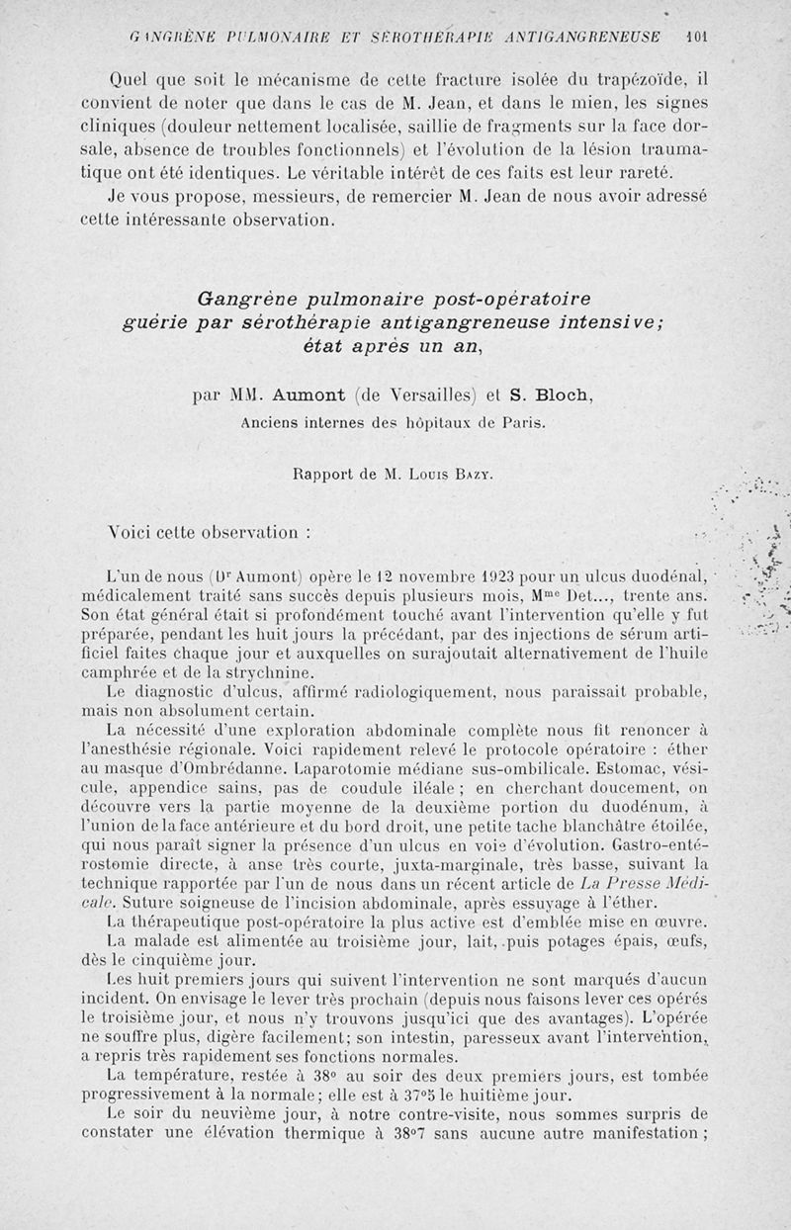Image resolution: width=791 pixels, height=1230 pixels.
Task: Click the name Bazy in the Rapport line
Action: [x=474, y=474]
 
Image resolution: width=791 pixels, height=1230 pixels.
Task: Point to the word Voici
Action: [x=133, y=533]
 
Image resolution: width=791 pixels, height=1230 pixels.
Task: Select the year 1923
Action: [x=411, y=576]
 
